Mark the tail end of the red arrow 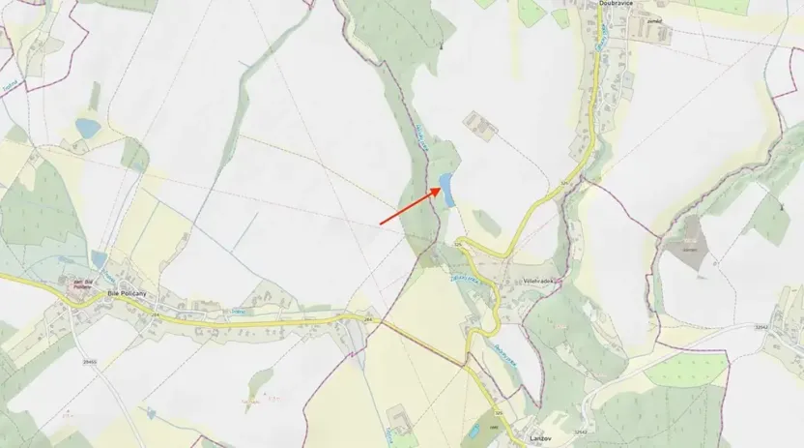point(380,224)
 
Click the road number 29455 point(90,361)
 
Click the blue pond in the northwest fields point(88,128)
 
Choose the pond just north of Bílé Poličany point(100,259)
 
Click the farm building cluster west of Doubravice point(478,124)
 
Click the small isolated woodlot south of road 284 point(258,379)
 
